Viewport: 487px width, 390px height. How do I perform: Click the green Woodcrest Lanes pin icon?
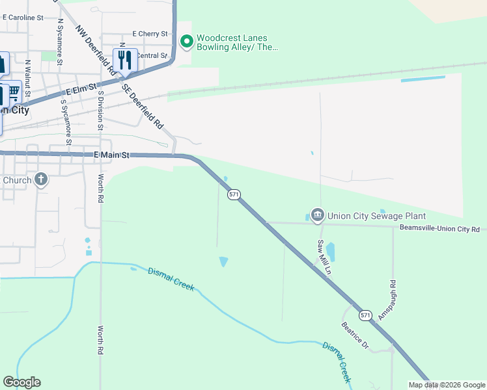coord(187,42)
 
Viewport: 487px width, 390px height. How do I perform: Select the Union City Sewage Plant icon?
coord(317,215)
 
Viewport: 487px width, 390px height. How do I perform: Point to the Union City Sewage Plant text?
coord(376,216)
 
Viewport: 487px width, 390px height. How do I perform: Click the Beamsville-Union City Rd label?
coord(439,229)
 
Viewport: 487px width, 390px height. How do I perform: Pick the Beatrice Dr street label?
coord(355,335)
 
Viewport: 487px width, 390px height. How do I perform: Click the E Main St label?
coord(112,155)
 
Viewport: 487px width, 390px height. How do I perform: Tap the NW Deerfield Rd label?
coord(95,47)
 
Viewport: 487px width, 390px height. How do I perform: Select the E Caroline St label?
coord(23,18)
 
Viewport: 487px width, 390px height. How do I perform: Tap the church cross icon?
coord(41,179)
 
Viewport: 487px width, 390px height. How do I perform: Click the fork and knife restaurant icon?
coord(124,60)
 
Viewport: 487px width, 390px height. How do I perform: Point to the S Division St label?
coord(100,110)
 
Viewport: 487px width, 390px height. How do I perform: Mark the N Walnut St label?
coord(28,78)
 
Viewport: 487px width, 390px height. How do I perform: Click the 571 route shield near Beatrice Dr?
coord(366,315)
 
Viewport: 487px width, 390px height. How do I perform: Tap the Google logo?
coord(21,382)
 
